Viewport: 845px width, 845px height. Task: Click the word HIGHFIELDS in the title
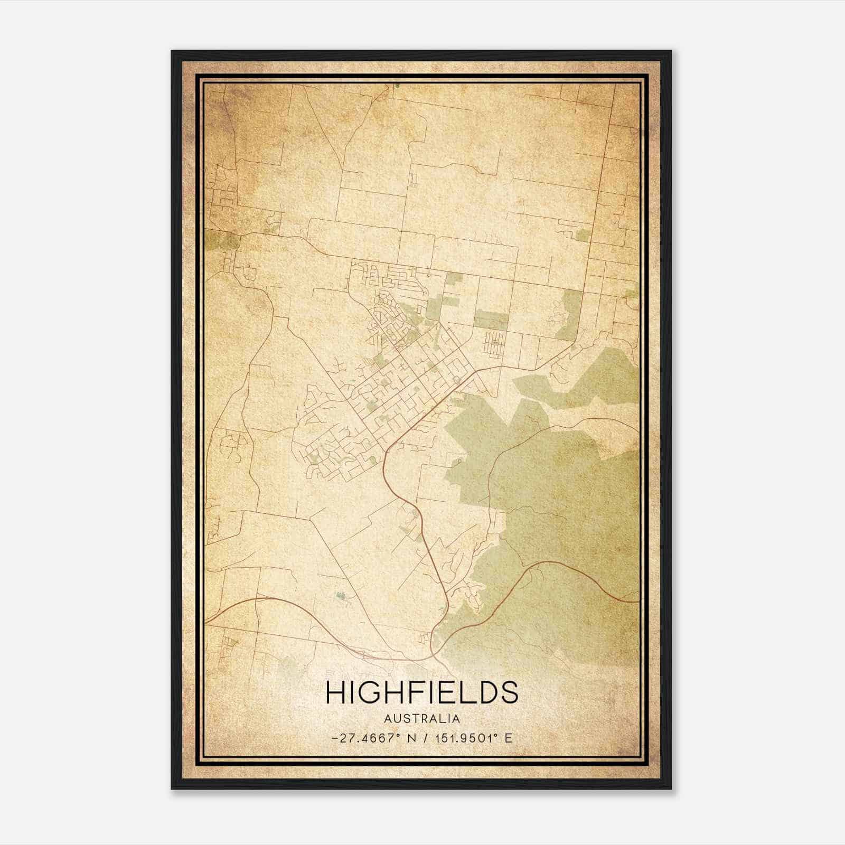coord(422,692)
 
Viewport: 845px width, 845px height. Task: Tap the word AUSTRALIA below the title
coord(422,718)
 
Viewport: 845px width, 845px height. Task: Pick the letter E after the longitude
coord(509,738)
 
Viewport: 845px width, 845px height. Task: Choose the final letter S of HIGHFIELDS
coord(507,692)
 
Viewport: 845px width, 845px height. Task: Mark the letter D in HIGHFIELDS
coord(483,692)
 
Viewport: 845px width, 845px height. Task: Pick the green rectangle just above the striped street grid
coord(491,320)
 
